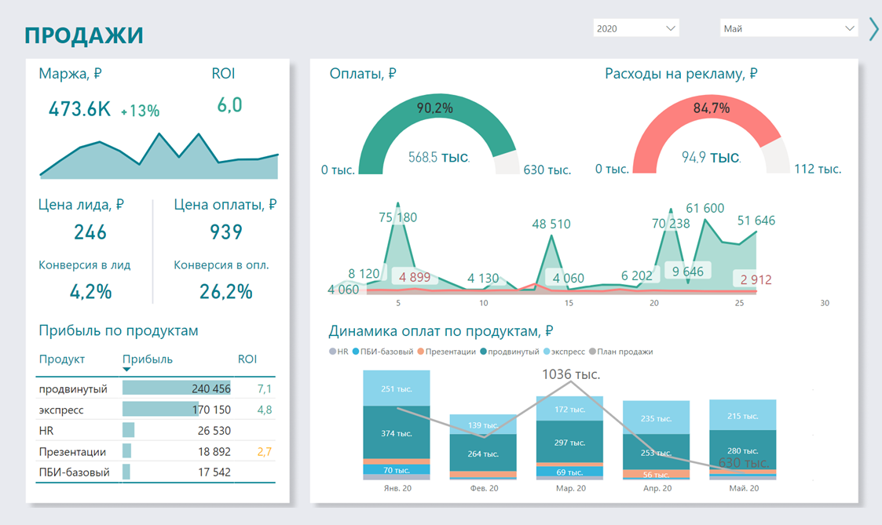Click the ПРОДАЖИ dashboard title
[84, 35]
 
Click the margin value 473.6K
[79, 109]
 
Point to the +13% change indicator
[140, 111]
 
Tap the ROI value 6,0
[229, 104]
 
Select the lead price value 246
[90, 232]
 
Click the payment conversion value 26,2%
[226, 292]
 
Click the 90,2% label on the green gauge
[434, 108]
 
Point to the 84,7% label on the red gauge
[712, 108]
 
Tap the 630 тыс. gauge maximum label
[547, 170]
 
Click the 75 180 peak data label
[397, 217]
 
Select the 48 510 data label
[551, 224]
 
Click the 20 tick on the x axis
[654, 303]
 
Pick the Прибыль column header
[148, 359]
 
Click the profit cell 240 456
[210, 388]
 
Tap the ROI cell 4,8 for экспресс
[265, 410]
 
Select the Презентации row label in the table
[72, 452]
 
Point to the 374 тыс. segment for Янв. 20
[397, 433]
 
